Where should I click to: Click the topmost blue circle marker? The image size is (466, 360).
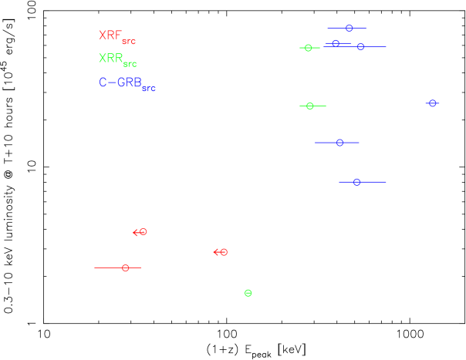click(349, 29)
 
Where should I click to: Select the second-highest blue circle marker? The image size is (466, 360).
click(336, 44)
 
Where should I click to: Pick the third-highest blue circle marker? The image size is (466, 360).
click(360, 47)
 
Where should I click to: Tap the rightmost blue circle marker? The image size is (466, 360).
click(432, 103)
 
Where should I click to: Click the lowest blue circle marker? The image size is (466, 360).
click(356, 182)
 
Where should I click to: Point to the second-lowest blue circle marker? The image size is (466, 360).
click(339, 143)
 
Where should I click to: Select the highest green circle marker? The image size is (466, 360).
click(308, 48)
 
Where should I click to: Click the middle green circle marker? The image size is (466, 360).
click(309, 106)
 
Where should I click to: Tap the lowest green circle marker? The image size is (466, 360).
click(248, 293)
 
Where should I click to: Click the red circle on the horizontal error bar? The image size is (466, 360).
click(125, 267)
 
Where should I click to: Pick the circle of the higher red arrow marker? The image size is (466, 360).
click(143, 232)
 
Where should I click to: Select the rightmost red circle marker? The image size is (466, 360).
click(224, 252)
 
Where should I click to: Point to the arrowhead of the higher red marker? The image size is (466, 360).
click(134, 233)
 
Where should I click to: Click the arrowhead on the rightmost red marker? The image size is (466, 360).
click(215, 252)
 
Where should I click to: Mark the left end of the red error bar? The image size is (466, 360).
click(95, 267)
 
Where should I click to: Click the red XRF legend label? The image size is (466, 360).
click(110, 35)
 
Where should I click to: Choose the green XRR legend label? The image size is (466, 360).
click(110, 59)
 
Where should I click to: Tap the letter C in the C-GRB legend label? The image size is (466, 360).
click(103, 82)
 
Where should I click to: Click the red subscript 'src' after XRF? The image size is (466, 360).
click(129, 42)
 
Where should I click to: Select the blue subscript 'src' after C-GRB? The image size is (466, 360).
click(149, 89)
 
